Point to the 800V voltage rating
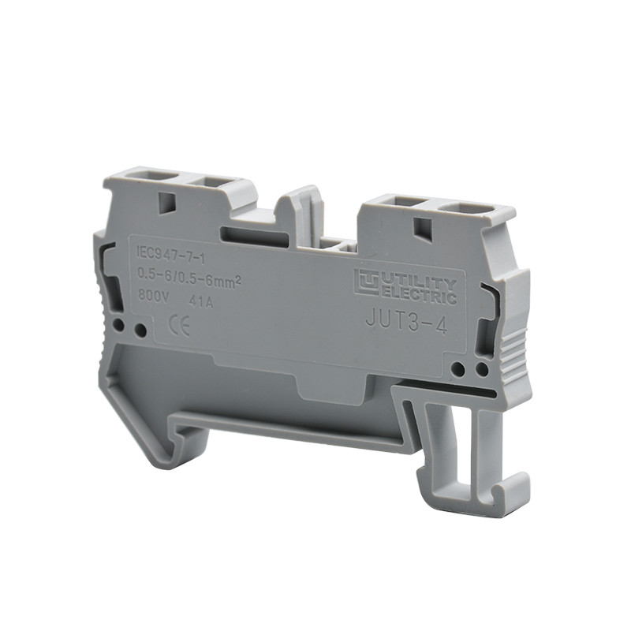[153, 297]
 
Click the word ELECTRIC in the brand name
[418, 295]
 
